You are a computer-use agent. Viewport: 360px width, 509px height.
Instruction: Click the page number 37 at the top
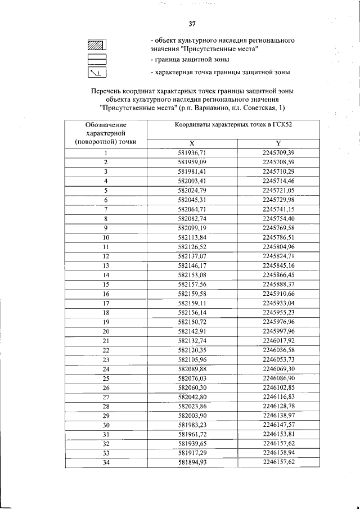192,24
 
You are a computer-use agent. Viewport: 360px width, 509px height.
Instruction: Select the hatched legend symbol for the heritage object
97,45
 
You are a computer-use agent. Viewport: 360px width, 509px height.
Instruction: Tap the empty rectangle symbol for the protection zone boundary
97,59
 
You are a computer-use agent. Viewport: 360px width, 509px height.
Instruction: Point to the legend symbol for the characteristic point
97,73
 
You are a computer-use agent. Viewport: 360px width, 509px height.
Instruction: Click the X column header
192,143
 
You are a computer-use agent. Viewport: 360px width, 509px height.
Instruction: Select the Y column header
278,143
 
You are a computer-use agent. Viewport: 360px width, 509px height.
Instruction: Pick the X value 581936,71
192,152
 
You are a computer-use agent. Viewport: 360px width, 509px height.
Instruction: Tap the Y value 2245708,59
278,162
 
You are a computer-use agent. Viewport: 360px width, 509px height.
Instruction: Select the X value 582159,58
192,294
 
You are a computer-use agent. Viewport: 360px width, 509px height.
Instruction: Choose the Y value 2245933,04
278,303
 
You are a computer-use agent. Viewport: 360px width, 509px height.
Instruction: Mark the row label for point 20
105,331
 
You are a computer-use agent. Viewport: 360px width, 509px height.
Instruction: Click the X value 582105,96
192,359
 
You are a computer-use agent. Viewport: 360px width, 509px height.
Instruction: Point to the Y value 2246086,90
278,379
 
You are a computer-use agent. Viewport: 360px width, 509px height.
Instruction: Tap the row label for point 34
105,463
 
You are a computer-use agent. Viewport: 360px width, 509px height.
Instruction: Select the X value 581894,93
192,463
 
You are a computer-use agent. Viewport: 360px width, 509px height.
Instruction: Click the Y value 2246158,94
278,453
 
